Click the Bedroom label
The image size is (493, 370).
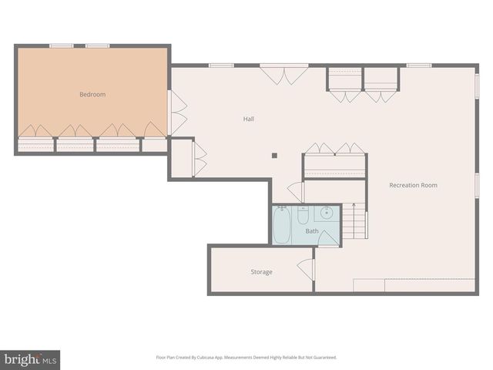click(92, 95)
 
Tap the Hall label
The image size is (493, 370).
click(249, 119)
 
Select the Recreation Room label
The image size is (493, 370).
click(413, 185)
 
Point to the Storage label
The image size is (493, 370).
click(261, 272)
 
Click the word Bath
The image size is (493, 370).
click(312, 231)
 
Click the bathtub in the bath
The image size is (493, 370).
click(282, 226)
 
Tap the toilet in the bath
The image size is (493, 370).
click(303, 214)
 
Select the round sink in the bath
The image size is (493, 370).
click(327, 214)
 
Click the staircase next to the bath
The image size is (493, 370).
click(354, 221)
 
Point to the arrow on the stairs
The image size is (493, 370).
click(354, 207)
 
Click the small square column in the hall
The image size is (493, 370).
click(274, 155)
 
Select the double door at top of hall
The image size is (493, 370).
click(284, 75)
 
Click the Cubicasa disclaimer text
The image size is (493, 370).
click(246, 358)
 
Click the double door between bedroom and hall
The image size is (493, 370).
click(178, 113)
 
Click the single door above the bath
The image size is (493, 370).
click(297, 191)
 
